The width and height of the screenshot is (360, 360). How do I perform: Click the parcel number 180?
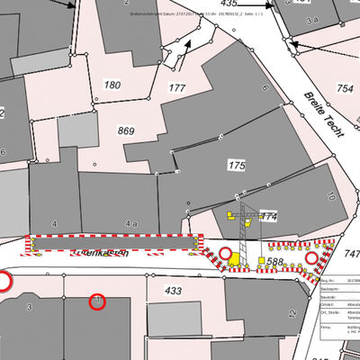[112, 85]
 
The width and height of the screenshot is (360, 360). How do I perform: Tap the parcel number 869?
[127, 130]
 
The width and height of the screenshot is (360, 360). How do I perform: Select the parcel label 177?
[176, 87]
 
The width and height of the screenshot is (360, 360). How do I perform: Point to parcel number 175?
[237, 166]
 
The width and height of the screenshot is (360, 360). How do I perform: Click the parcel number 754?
[345, 88]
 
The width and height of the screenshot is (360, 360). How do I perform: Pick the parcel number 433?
[174, 291]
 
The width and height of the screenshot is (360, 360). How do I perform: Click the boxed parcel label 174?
[268, 217]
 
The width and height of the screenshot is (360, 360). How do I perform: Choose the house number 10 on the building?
[330, 195]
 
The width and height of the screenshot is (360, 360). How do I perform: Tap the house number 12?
[292, 313]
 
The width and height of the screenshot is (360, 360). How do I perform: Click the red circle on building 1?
[98, 301]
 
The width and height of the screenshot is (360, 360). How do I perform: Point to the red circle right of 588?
[312, 259]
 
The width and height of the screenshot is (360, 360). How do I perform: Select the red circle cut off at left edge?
[4, 282]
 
